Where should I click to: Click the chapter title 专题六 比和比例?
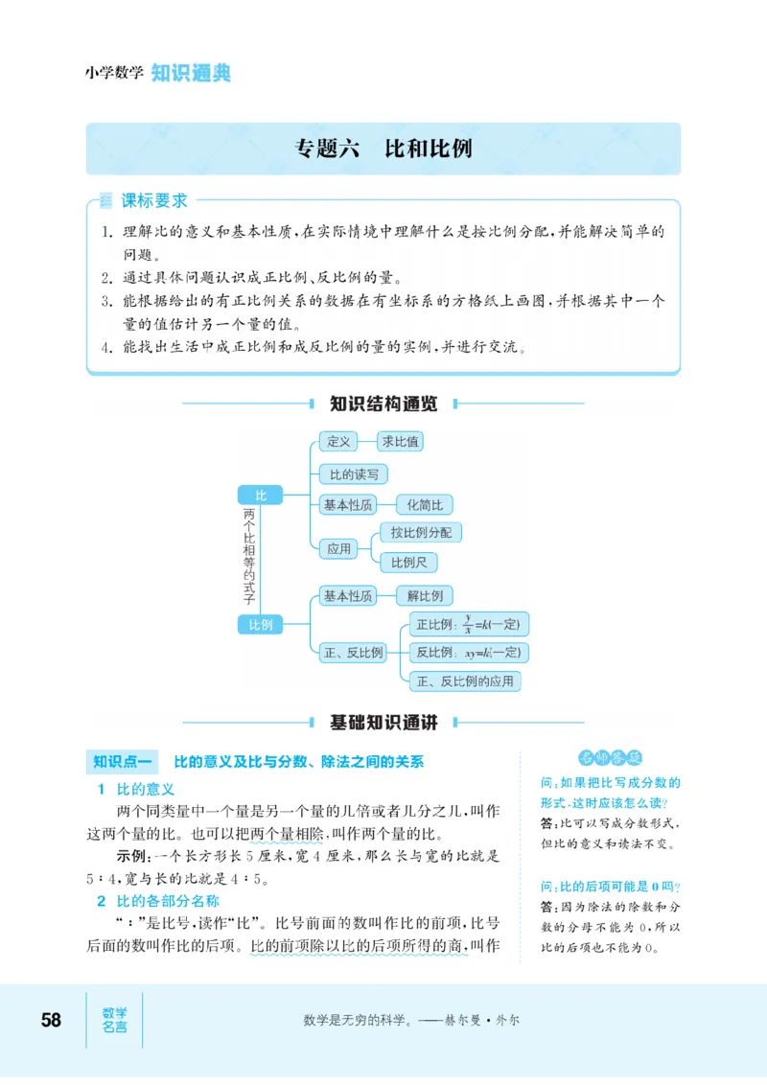click(x=383, y=149)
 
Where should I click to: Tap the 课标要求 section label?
click(x=153, y=201)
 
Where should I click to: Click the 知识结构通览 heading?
click(x=383, y=404)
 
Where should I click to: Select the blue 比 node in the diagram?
click(x=260, y=495)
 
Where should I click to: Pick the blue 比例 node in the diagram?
click(x=260, y=625)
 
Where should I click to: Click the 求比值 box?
click(x=399, y=441)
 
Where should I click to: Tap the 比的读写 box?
click(x=353, y=473)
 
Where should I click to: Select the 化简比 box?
click(x=424, y=504)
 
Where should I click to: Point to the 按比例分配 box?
click(x=420, y=532)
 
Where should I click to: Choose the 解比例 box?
click(x=424, y=595)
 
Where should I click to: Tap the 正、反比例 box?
click(x=353, y=653)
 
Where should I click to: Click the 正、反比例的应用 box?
click(x=465, y=681)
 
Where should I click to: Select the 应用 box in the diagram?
click(x=338, y=548)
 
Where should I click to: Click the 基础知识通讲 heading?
click(x=383, y=723)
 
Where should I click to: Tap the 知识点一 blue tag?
click(x=123, y=762)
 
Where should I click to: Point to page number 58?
click(x=51, y=1020)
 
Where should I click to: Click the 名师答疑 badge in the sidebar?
click(x=611, y=758)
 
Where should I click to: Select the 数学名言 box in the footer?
click(x=114, y=1020)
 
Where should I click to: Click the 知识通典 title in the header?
click(x=191, y=73)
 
